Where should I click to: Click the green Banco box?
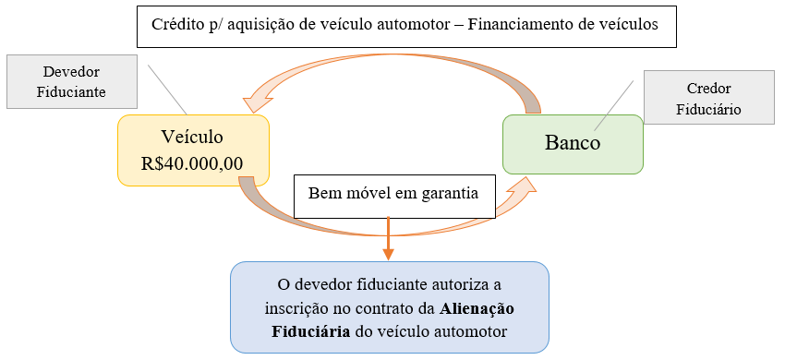click(573, 144)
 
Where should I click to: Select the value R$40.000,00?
click(192, 162)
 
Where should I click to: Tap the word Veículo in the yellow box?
click(192, 137)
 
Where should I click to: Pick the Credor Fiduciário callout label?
click(708, 100)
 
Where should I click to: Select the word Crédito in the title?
click(183, 25)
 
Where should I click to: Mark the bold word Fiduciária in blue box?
click(309, 330)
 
